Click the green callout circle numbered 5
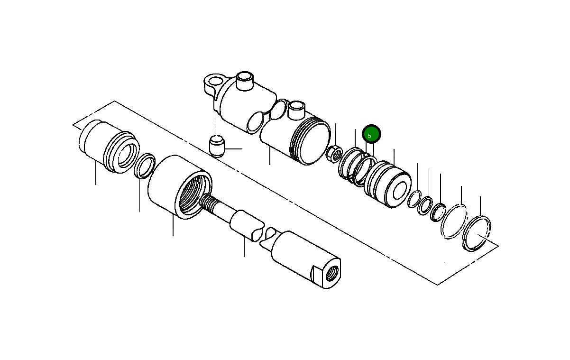(x=371, y=135)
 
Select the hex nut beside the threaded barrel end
(x=334, y=153)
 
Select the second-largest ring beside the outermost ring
(x=454, y=221)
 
